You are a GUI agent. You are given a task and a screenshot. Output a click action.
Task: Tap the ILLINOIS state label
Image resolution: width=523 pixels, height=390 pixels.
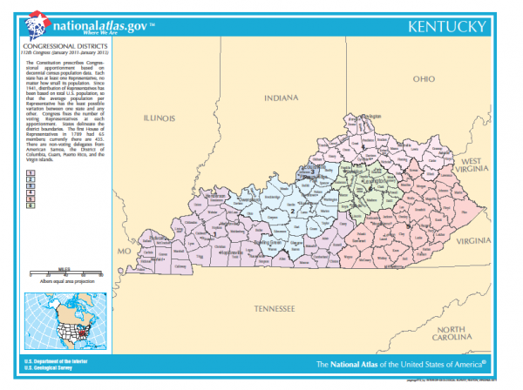[x=160, y=116]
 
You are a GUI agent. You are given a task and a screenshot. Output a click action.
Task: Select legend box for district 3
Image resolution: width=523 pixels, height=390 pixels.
[x=31, y=186]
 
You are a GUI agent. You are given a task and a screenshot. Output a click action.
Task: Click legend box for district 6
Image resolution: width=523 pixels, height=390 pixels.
[x=31, y=205]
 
